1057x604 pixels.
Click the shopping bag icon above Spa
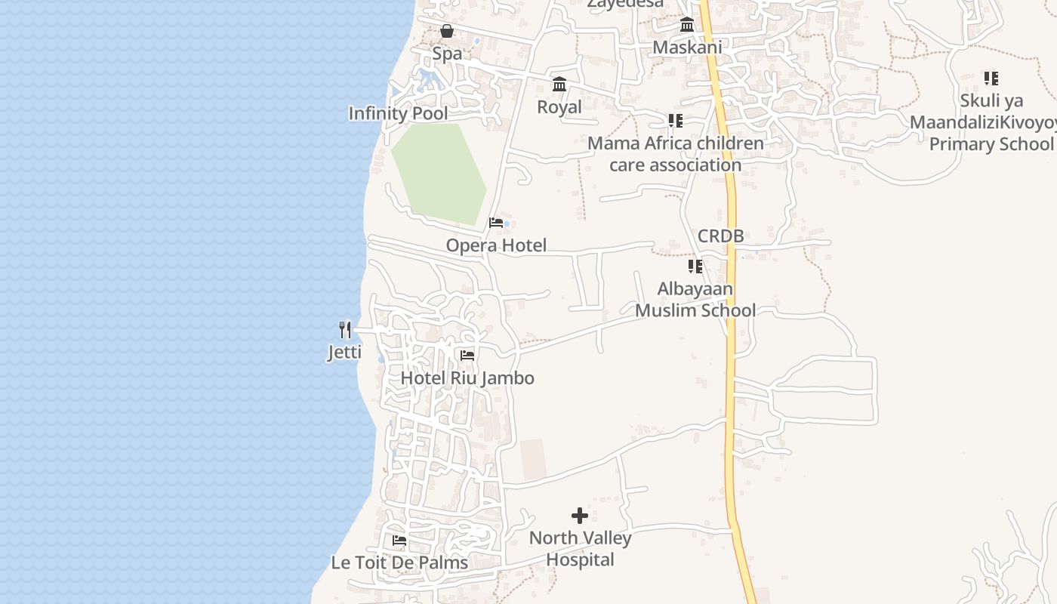click(447, 31)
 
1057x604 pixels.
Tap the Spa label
click(447, 54)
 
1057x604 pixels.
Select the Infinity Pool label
click(398, 114)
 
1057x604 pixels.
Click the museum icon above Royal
click(559, 84)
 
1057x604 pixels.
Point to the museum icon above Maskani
click(687, 24)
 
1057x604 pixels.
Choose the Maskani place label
click(687, 48)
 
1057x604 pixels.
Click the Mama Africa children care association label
click(675, 154)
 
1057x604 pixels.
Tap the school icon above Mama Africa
click(675, 121)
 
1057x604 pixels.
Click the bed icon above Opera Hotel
click(496, 223)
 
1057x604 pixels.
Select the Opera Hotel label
click(496, 245)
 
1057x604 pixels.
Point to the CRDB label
click(720, 236)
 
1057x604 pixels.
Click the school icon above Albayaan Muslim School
click(695, 267)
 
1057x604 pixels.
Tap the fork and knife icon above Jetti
click(345, 330)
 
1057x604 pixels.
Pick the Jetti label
click(345, 353)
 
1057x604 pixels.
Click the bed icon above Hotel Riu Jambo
click(467, 356)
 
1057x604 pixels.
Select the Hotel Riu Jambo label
click(467, 378)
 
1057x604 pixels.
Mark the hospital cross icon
click(580, 516)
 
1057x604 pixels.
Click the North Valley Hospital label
click(580, 549)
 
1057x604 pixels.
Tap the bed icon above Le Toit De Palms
click(399, 541)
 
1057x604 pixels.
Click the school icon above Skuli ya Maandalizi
click(991, 78)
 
